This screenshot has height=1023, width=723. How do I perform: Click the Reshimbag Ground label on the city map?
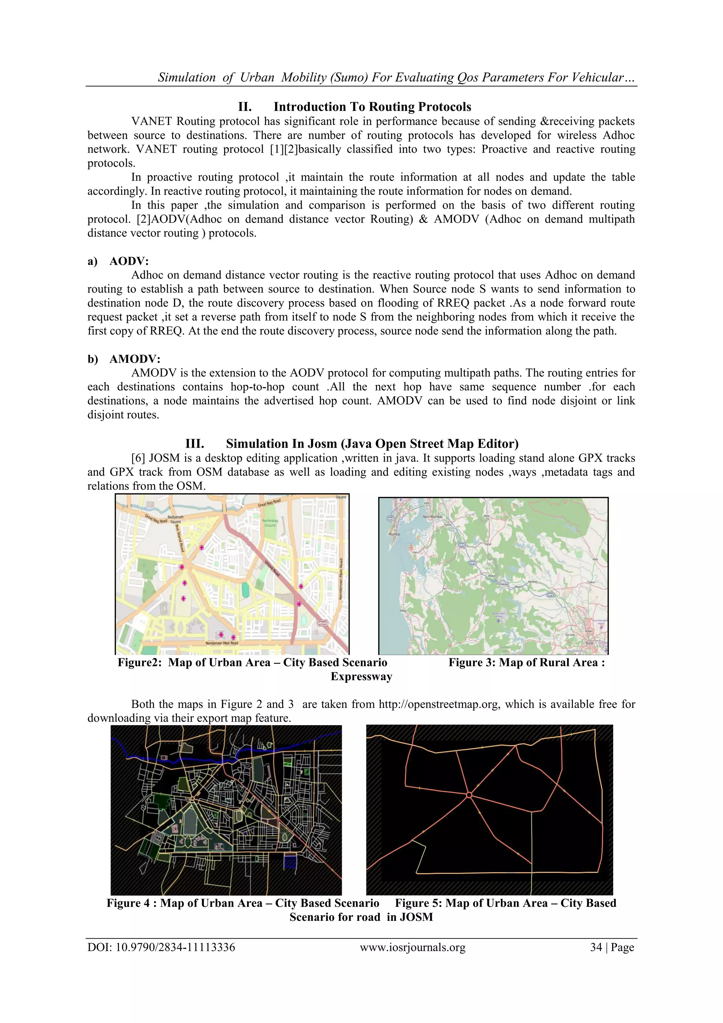pyautogui.click(x=270, y=523)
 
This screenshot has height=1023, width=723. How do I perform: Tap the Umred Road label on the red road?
pyautogui.click(x=272, y=568)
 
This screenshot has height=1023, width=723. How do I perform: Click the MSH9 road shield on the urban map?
pyautogui.click(x=322, y=623)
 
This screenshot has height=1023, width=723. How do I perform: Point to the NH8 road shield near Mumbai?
pyautogui.click(x=390, y=519)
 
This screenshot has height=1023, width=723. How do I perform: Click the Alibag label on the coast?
pyautogui.click(x=403, y=610)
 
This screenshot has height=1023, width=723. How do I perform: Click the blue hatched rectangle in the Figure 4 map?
pyautogui.click(x=290, y=863)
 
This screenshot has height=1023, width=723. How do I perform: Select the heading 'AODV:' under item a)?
pyautogui.click(x=129, y=261)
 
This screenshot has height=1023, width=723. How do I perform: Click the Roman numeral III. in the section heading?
pyautogui.click(x=195, y=444)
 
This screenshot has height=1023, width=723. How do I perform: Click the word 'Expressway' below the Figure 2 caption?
pyautogui.click(x=361, y=676)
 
